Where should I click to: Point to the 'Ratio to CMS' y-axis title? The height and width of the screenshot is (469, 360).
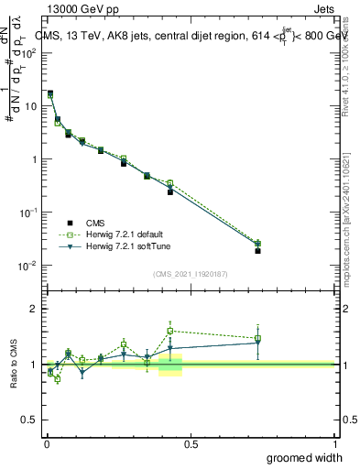(14, 365)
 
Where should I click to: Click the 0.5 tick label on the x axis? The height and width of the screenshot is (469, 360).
(191, 443)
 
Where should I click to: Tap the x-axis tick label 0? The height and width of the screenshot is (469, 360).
(46, 443)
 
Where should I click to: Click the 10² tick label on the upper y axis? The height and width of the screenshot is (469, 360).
(29, 52)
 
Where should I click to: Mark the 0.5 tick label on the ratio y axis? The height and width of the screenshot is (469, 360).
(31, 420)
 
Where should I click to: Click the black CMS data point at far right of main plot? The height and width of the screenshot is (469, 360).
(258, 250)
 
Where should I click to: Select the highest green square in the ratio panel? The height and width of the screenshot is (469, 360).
(170, 331)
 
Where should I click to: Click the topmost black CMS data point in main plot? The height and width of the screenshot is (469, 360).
(50, 93)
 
